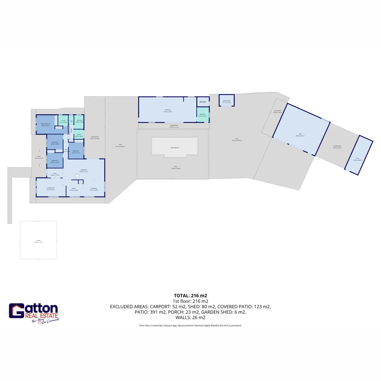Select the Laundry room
click(79, 135)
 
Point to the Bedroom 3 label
click(76, 152)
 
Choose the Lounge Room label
click(50, 188)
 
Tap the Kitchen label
click(74, 189)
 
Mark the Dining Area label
click(93, 189)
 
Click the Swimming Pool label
click(175, 147)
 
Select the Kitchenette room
click(203, 102)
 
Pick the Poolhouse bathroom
click(203, 115)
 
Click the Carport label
click(38, 241)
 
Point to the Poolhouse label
click(167, 111)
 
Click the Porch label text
click(39, 157)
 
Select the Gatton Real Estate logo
click(34, 313)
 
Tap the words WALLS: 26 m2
click(190, 317)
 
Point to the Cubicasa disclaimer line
click(190, 326)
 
